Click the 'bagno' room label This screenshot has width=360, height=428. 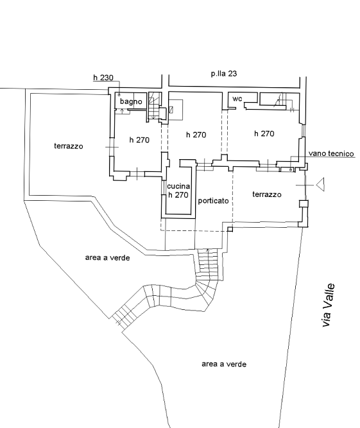(131, 101)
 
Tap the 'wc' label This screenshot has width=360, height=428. (237, 99)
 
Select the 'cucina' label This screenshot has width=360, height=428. (178, 186)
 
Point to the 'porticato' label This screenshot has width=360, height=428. (213, 201)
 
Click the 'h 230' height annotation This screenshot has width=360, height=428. (103, 78)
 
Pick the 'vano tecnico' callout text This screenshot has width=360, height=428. (331, 153)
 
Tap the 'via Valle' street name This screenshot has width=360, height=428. (328, 305)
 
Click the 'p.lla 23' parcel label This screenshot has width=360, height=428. (224, 74)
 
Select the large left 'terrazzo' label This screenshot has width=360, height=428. (69, 146)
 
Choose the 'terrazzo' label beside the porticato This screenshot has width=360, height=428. (267, 194)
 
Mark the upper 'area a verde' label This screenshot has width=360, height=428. (108, 258)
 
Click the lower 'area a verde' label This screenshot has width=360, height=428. (224, 364)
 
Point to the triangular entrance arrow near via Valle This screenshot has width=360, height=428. (321, 185)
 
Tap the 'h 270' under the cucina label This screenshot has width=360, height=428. (178, 195)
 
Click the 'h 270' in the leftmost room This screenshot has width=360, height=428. (139, 140)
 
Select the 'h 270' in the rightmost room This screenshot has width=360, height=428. (264, 133)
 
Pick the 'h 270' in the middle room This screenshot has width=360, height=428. (196, 135)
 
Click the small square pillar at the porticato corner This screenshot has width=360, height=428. (230, 229)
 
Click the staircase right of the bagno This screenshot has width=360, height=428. (154, 106)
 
